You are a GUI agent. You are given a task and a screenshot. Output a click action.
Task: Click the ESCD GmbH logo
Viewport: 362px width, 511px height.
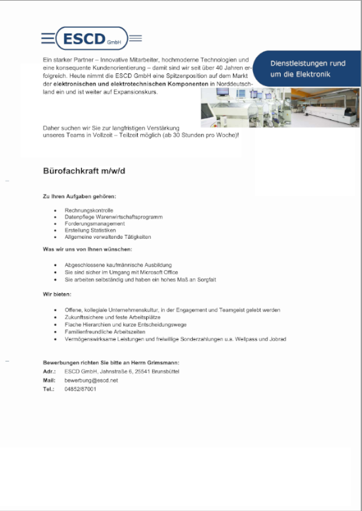pos(91,39)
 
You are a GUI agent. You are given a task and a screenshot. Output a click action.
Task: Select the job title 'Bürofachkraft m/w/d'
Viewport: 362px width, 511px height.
pos(84,171)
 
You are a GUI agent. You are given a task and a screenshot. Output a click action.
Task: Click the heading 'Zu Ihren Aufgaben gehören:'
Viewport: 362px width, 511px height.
pos(79,197)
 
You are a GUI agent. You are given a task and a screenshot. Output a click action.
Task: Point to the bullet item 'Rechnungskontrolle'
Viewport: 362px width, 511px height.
pos(89,211)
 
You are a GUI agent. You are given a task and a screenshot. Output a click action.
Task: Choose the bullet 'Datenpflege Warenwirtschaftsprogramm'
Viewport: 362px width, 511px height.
pos(113,217)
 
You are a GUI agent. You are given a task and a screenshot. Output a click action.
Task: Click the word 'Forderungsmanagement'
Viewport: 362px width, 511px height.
pos(94,224)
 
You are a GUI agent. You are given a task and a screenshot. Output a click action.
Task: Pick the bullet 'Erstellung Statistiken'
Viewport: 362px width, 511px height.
pos(90,230)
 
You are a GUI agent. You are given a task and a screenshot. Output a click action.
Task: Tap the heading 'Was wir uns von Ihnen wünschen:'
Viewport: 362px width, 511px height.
pos(87,249)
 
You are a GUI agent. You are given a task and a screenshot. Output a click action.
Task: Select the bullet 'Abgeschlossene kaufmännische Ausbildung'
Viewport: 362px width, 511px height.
pos(112,265)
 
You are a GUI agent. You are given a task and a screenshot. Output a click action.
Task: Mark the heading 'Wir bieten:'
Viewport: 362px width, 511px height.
pos(58,295)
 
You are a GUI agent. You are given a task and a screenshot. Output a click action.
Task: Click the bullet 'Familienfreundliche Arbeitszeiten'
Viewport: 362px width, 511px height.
pos(105,332)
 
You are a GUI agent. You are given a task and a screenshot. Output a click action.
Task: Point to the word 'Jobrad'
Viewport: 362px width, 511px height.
pos(277,339)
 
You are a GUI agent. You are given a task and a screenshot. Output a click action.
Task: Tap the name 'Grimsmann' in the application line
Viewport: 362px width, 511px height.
pos(162,363)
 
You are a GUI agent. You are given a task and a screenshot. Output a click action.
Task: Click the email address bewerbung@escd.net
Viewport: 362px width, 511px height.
pos(91,380)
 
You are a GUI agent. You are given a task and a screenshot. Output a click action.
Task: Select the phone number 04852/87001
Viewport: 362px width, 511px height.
pos(80,389)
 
